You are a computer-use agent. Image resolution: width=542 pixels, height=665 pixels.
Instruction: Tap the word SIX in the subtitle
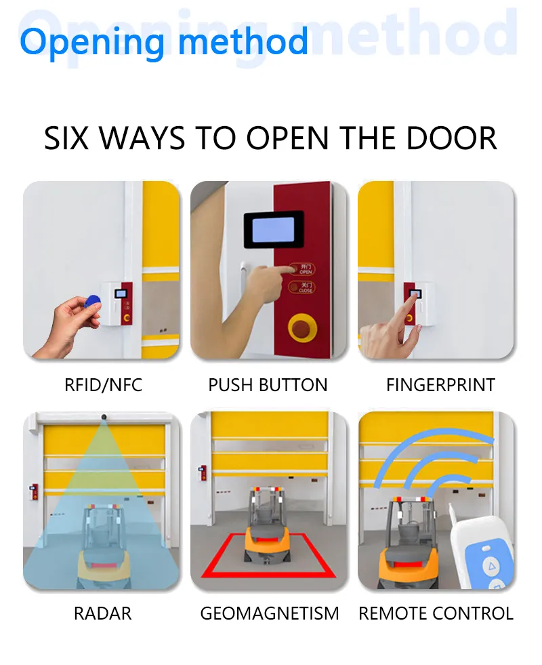[66, 138]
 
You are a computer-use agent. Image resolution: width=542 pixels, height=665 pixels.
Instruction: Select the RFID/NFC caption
[103, 385]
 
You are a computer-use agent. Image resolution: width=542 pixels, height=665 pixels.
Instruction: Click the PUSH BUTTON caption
[268, 385]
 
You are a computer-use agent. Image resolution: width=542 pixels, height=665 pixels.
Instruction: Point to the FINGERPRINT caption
[441, 385]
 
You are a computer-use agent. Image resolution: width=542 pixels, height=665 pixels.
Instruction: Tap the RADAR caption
[102, 613]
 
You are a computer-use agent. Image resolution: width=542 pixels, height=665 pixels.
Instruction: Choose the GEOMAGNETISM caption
[270, 613]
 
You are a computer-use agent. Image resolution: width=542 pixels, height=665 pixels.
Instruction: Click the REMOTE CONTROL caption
[436, 613]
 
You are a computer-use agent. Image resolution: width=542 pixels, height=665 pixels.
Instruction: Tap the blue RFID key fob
[92, 302]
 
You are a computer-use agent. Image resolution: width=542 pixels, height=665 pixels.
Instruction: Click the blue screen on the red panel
[274, 230]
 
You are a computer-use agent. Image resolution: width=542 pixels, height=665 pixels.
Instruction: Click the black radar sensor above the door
[104, 417]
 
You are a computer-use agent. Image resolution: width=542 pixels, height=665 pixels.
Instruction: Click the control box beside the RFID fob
[116, 304]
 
